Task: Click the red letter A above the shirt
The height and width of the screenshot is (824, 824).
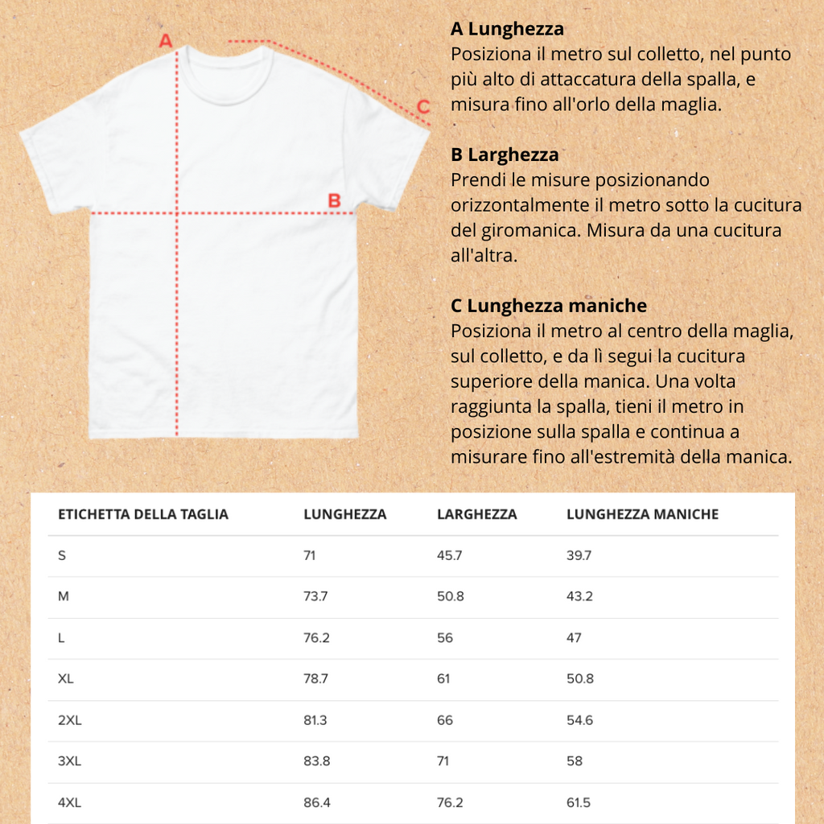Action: click(167, 40)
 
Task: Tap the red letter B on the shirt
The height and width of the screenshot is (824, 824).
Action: click(335, 200)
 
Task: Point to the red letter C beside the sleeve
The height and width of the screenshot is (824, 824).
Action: click(423, 106)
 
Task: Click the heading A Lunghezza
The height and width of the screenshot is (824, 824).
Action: click(507, 30)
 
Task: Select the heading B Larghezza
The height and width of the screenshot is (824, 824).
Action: click(505, 154)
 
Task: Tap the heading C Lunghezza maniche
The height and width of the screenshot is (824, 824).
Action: click(549, 306)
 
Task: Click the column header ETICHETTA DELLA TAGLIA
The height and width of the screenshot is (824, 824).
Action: click(143, 514)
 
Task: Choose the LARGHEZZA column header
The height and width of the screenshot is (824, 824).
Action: click(476, 514)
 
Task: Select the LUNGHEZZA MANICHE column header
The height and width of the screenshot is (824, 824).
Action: click(642, 514)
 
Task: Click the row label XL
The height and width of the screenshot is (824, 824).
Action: click(66, 679)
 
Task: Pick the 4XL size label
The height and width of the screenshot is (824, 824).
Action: click(70, 802)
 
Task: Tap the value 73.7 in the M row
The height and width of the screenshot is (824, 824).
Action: click(315, 597)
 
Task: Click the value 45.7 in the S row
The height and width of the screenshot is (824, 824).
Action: click(449, 555)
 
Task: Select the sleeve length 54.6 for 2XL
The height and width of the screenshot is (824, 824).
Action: click(579, 720)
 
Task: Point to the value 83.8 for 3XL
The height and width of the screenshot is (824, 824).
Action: click(316, 761)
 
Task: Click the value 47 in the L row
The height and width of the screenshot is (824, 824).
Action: click(574, 638)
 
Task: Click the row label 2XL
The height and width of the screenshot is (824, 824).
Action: click(70, 720)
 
